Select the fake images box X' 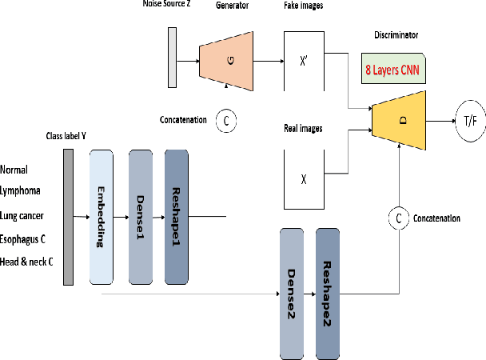click(304, 60)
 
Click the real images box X click(304, 179)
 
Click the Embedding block click(102, 217)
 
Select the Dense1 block click(140, 217)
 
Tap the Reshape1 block click(177, 217)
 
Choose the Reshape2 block click(329, 293)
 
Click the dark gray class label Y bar click(69, 217)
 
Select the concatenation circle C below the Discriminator click(398, 218)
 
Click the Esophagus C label click(27, 238)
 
